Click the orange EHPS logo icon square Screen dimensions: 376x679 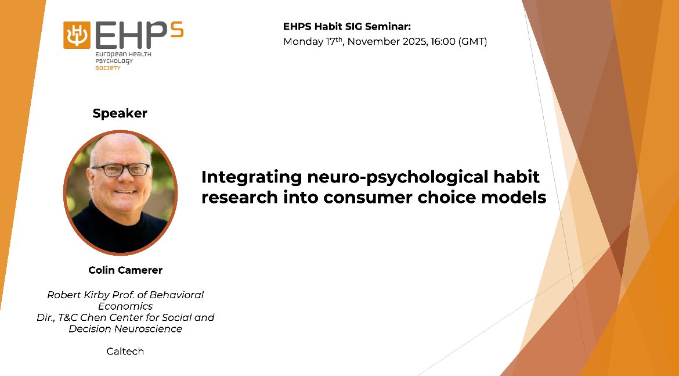[x=77, y=35]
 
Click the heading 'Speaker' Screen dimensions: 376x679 [x=120, y=113]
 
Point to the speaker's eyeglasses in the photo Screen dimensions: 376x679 [x=120, y=170]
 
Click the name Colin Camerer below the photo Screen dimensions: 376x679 [x=125, y=270]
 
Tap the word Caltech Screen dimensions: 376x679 [x=125, y=352]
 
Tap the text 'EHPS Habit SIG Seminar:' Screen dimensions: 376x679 [x=347, y=27]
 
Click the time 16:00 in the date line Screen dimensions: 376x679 [x=442, y=42]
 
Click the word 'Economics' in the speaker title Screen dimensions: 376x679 [x=125, y=306]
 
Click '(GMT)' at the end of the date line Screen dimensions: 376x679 [x=472, y=42]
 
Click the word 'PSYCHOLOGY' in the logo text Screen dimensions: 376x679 [x=114, y=62]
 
